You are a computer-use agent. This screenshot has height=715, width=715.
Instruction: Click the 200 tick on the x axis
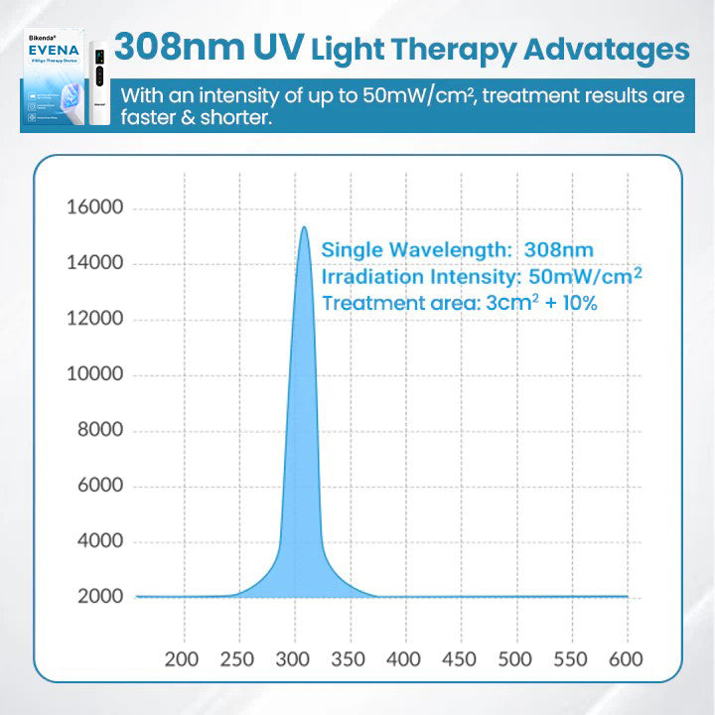182,658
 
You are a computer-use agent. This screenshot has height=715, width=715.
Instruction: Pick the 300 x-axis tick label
294,658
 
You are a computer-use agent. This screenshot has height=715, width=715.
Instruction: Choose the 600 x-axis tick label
625,658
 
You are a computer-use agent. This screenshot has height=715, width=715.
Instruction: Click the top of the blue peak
305,228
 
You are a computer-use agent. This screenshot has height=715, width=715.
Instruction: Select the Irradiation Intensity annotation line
481,276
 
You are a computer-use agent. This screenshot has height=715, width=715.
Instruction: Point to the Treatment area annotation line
459,303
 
